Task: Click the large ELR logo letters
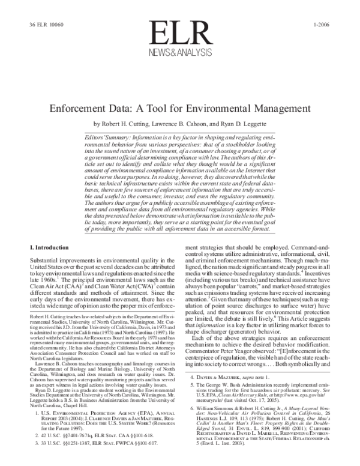(x=179, y=34)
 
